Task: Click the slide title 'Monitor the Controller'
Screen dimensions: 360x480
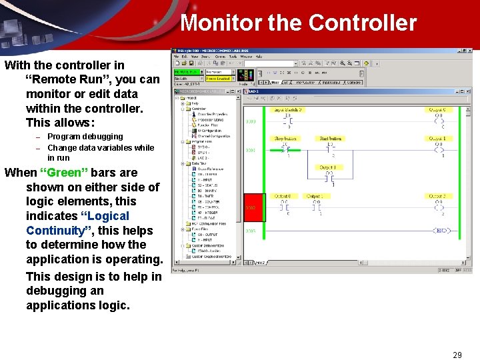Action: pyautogui.click(x=298, y=23)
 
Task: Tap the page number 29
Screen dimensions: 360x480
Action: pyautogui.click(x=457, y=355)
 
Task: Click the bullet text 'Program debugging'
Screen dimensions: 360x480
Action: pyautogui.click(x=85, y=137)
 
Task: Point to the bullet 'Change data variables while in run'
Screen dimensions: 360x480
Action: pyautogui.click(x=100, y=148)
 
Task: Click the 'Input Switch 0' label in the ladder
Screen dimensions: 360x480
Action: pyautogui.click(x=287, y=109)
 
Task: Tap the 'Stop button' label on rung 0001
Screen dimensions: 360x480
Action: pyautogui.click(x=286, y=139)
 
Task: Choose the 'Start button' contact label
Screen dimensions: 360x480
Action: pyautogui.click(x=330, y=139)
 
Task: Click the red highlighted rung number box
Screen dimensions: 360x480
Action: pyautogui.click(x=253, y=207)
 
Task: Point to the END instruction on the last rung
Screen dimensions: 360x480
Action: pyautogui.click(x=441, y=231)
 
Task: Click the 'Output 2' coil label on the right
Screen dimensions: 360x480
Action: pyautogui.click(x=437, y=197)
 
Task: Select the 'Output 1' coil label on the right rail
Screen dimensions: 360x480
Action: pyautogui.click(x=437, y=139)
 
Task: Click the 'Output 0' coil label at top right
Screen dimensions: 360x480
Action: pyautogui.click(x=437, y=109)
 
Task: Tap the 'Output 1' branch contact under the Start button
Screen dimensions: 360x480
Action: pyautogui.click(x=328, y=168)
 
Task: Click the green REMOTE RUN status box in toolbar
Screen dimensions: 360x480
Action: pyautogui.click(x=186, y=71)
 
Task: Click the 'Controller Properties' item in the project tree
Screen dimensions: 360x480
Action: pyautogui.click(x=213, y=114)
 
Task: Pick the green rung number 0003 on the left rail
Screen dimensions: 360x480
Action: pyautogui.click(x=251, y=231)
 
